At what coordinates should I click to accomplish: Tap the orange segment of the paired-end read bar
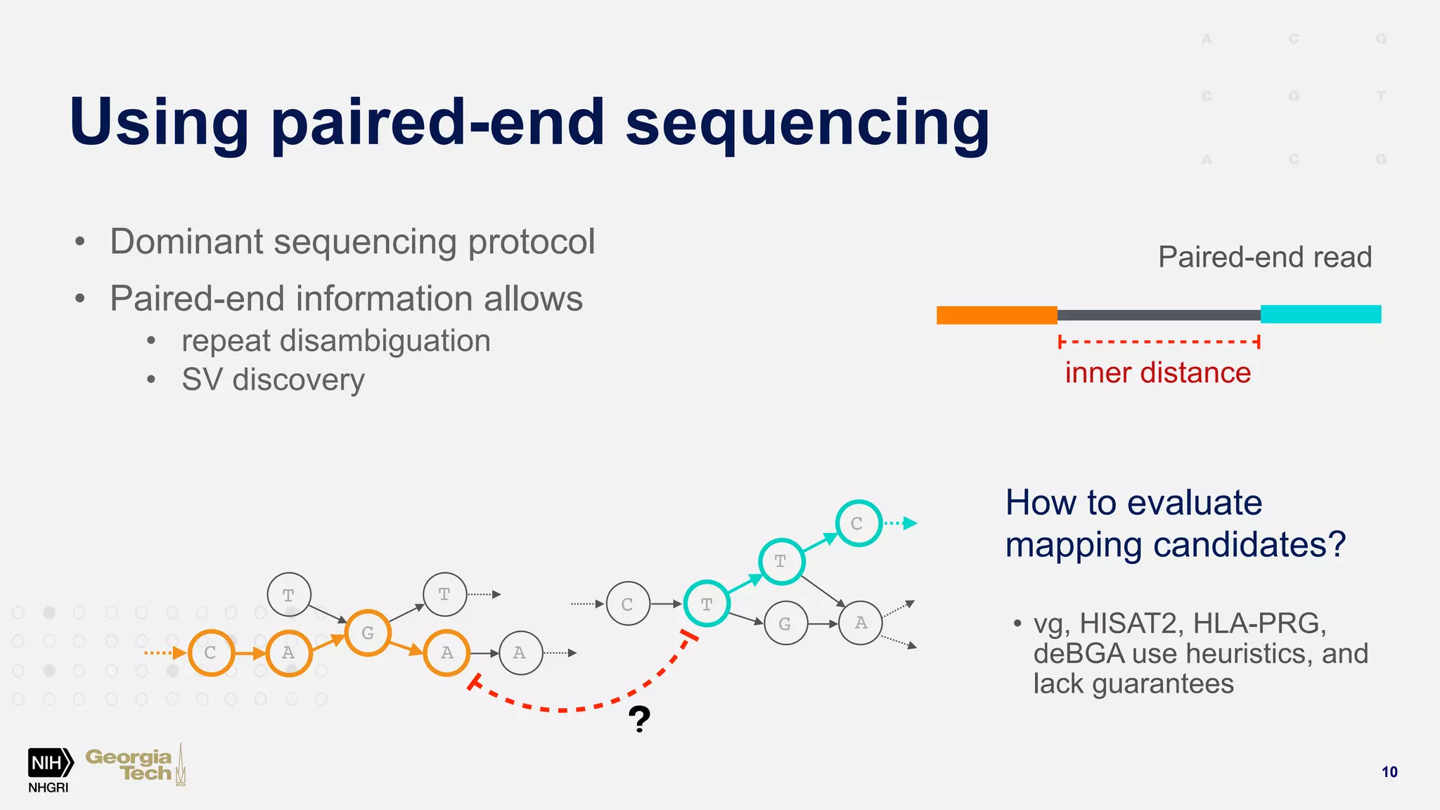tap(996, 315)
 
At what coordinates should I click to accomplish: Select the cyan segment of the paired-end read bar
tap(1320, 314)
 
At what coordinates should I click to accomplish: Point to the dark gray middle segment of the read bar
tap(1158, 316)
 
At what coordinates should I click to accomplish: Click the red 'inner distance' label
tap(1157, 373)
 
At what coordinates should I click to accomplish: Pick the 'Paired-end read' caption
tap(1264, 257)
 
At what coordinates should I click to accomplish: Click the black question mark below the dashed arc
tap(639, 719)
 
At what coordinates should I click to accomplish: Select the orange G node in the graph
tap(367, 633)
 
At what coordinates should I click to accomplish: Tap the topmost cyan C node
tap(857, 523)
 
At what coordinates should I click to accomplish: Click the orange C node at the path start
tap(210, 652)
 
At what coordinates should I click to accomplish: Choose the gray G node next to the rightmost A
tap(785, 624)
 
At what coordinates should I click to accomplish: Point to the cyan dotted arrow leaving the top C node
tap(901, 523)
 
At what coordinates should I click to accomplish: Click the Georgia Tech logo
tap(134, 765)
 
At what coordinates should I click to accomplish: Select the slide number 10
tap(1389, 772)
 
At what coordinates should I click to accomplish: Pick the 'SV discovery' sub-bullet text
tap(273, 380)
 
